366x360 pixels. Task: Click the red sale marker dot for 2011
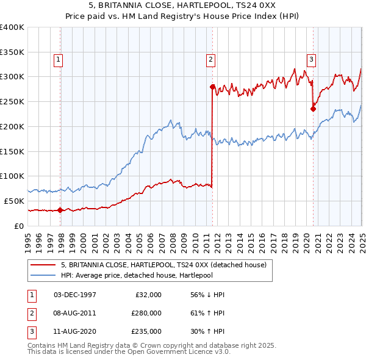click(212, 87)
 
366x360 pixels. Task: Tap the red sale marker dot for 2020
click(313, 109)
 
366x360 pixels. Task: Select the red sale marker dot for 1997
click(60, 210)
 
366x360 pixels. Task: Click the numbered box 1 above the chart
click(57, 59)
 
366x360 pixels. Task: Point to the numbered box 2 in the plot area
click(210, 59)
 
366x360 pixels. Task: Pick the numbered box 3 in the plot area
click(311, 59)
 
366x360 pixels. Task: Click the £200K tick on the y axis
click(12, 126)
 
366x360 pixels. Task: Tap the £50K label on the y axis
click(15, 201)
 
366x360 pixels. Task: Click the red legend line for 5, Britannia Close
click(43, 265)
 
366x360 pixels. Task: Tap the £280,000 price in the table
click(146, 313)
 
